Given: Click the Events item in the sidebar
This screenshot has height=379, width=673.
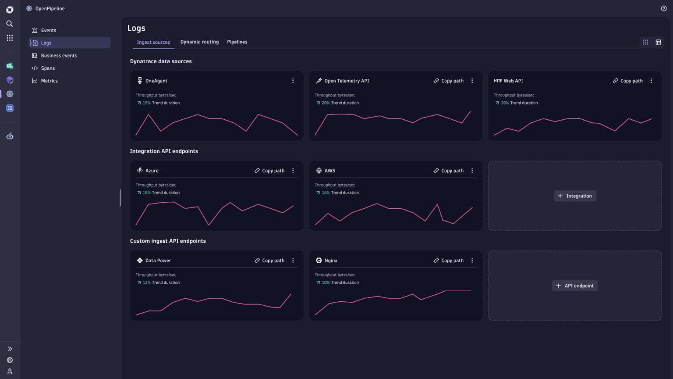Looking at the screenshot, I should [48, 30].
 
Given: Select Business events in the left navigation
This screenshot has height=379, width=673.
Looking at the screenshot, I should [59, 56].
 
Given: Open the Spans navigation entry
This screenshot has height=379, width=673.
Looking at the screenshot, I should [48, 68].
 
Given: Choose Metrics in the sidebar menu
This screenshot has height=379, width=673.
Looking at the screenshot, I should [49, 81].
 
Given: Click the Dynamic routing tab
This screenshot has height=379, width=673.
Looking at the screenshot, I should [199, 42].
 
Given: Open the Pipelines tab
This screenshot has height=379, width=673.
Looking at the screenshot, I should [237, 42].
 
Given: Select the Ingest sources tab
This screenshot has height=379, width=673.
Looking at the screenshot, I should [153, 43].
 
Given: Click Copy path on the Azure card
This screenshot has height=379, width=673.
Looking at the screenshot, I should [269, 171].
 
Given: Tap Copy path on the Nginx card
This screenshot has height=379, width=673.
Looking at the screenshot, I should [449, 261].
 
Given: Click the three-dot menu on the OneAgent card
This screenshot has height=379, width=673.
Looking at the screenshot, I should [293, 81].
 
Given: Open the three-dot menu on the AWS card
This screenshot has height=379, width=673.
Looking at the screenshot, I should [472, 171].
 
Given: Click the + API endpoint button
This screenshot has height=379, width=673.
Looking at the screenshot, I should [575, 286].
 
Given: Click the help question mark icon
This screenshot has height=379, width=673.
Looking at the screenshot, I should [663, 9].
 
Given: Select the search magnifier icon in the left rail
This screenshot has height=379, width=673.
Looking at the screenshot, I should [10, 24].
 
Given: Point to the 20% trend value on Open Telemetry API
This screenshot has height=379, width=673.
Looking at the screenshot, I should [325, 103].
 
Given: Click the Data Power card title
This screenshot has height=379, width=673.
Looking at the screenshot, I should [158, 261].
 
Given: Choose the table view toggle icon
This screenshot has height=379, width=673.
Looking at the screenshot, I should [658, 42].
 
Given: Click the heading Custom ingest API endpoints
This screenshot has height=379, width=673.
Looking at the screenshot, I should [168, 241].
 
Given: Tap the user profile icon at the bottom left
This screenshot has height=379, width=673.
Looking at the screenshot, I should [10, 372].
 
